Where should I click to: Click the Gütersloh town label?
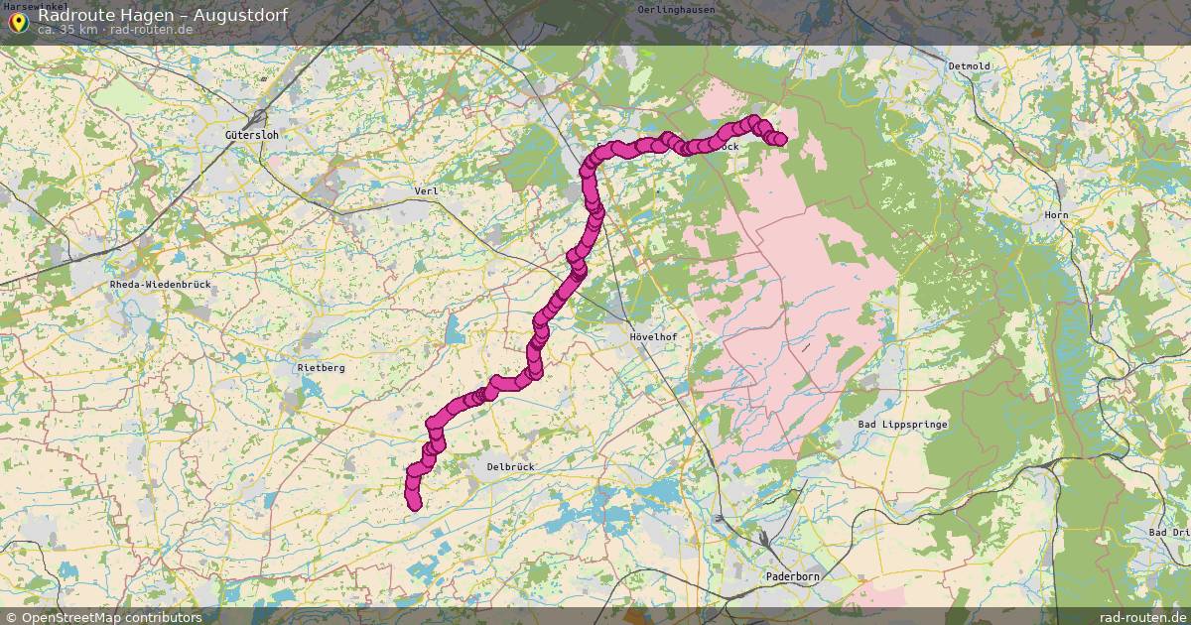[x=248, y=134]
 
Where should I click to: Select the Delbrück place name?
[x=511, y=465]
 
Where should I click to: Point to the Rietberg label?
[x=322, y=368]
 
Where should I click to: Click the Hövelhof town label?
[x=655, y=337]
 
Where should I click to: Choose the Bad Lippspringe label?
[x=902, y=425]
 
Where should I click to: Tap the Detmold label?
[x=970, y=66]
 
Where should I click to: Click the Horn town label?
[x=1056, y=215]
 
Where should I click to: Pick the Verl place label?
[x=426, y=190]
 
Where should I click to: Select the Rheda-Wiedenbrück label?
[x=160, y=285]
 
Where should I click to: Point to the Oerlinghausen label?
[x=678, y=9]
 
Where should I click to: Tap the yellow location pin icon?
[x=18, y=21]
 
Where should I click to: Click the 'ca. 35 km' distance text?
[x=67, y=29]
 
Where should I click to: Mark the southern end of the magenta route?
[x=415, y=505]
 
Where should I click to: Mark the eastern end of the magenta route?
[x=780, y=139]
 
